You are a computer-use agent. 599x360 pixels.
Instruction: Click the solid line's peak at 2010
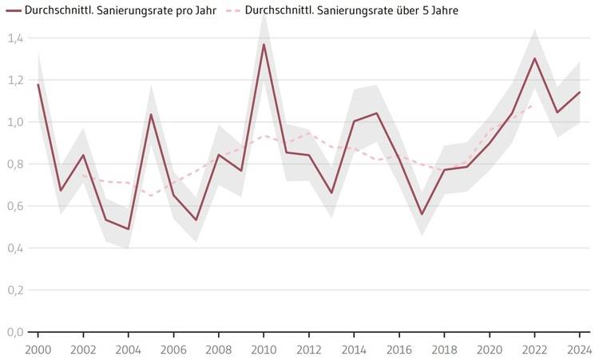point(264,45)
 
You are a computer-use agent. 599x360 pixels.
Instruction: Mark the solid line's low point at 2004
point(128,229)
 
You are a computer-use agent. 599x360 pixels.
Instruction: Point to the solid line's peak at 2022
point(534,58)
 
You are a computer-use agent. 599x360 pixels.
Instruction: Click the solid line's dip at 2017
point(422,214)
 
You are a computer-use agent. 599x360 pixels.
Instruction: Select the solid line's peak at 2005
point(150,114)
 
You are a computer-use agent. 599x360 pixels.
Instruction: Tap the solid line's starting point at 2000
point(38,84)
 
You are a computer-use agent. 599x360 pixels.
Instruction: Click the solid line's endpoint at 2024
point(579,93)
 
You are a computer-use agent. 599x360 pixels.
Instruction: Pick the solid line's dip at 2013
point(331,192)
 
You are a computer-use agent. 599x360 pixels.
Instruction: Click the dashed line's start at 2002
point(82,176)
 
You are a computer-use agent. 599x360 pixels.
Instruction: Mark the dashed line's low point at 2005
point(150,196)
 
